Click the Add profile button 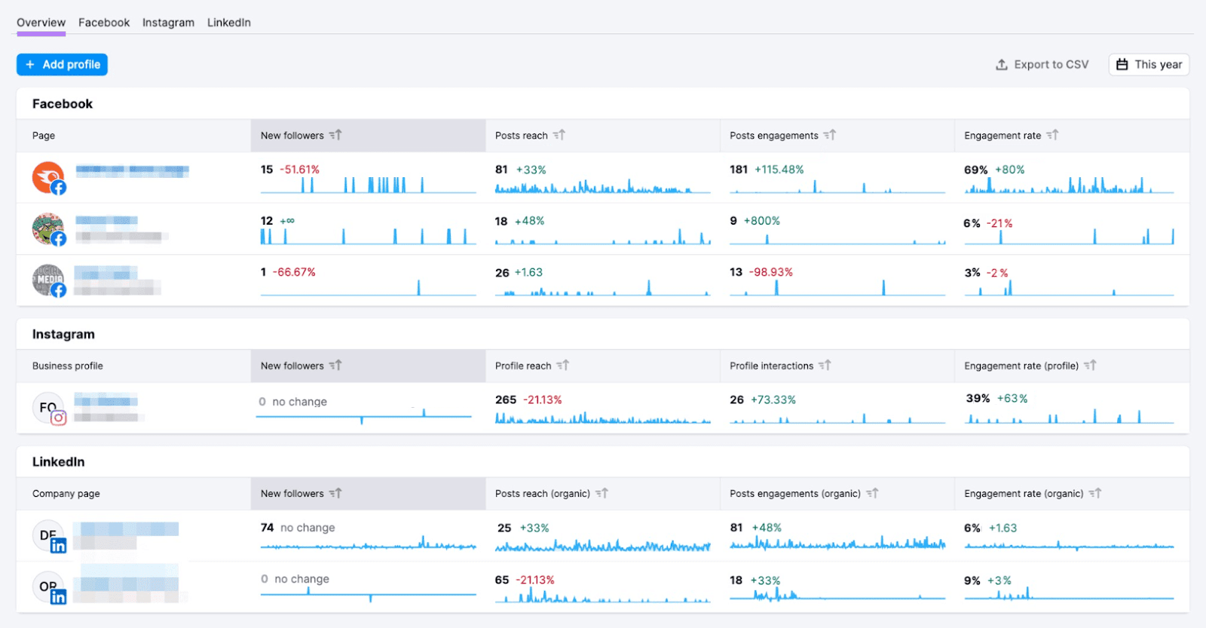coord(63,65)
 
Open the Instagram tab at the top coord(168,23)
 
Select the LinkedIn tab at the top coord(229,23)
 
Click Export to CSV coord(1042,65)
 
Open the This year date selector coord(1149,65)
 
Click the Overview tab coord(41,23)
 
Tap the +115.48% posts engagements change coord(779,170)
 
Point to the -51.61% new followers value coord(300,170)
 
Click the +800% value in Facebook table coord(761,221)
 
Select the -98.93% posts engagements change coord(770,272)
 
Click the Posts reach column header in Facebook coord(522,136)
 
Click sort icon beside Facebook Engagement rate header coord(1052,135)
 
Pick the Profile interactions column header coord(771,366)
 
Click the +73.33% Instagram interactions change coord(773,400)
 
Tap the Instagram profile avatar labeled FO coord(48,407)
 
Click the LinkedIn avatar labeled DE coord(48,535)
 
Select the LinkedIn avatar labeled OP coord(48,587)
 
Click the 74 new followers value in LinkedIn coord(267,528)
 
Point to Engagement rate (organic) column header coord(1023,494)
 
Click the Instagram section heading coord(63,334)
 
